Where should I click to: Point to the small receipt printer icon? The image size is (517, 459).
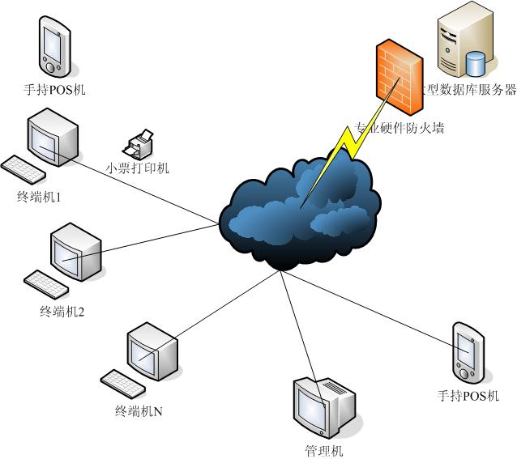pos(139,145)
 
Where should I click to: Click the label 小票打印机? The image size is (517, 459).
pos(138,168)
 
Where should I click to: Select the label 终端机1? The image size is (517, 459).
pos(40,197)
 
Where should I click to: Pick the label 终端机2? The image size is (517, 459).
pos(62,312)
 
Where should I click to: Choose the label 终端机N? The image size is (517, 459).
pos(139,411)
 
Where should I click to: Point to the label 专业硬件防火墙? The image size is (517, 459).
pos(399,128)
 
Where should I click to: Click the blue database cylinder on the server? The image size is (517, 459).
pos(476,62)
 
